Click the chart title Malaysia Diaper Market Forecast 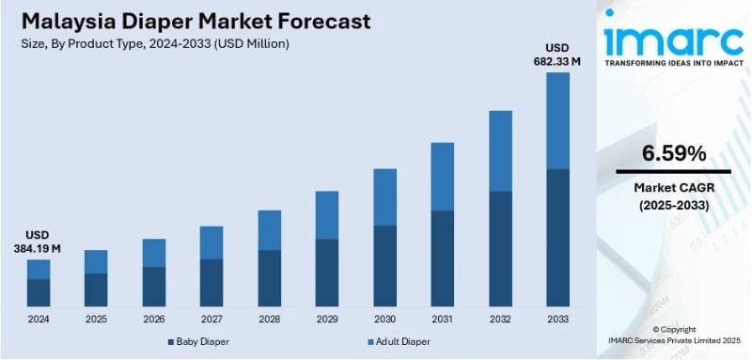[x=192, y=22]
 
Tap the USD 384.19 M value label [x=38, y=242]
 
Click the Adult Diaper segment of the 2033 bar [x=557, y=120]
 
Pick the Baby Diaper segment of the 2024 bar [x=39, y=292]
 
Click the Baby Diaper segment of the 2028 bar [x=270, y=277]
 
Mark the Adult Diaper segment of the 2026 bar [x=154, y=253]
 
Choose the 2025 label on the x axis [x=96, y=319]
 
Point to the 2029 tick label [x=327, y=319]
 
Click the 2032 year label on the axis [x=500, y=319]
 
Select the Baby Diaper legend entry [x=200, y=342]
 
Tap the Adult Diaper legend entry [x=400, y=342]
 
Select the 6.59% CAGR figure [x=674, y=153]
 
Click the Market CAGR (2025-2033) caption [x=674, y=196]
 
